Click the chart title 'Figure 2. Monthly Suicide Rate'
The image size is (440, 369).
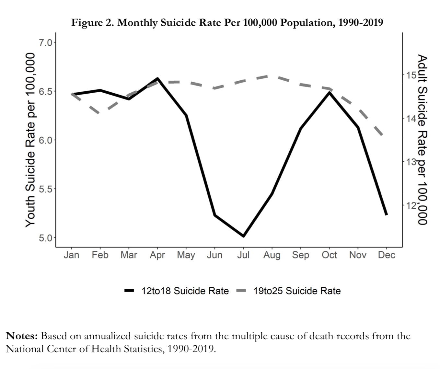coord(227,23)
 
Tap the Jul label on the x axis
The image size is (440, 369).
coord(243,255)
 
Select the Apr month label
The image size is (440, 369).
coord(157,255)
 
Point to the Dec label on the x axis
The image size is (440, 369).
coord(387,255)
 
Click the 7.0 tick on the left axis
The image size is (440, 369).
coord(45,42)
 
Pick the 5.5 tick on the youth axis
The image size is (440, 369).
coord(45,189)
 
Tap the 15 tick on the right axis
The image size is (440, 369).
coord(411,75)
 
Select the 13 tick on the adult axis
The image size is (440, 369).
coord(411,161)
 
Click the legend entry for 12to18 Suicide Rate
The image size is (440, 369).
coord(185,291)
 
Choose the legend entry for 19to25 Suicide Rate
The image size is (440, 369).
coord(297,291)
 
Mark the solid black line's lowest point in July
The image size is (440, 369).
coord(243,236)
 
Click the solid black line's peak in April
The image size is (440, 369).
coord(157,78)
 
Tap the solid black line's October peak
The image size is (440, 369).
coord(330,93)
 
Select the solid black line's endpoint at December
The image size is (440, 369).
coord(386,214)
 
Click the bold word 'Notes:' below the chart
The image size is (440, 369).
coord(22,336)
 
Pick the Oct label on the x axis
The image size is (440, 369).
coord(329,255)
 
